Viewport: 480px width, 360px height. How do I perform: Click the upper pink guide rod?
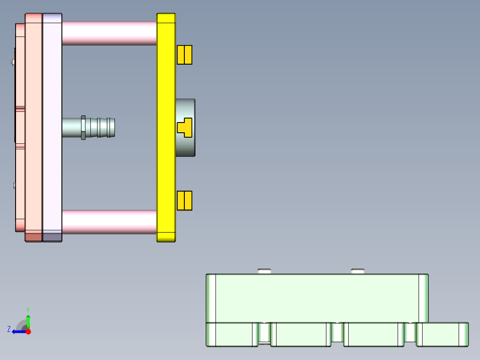point(109,33)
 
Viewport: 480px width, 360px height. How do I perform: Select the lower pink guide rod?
point(109,222)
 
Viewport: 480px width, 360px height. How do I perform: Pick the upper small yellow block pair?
point(184,55)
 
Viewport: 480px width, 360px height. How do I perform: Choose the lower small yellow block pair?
point(184,200)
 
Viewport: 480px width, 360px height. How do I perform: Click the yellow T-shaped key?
point(184,127)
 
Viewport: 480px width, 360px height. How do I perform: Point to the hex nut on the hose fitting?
point(83,127)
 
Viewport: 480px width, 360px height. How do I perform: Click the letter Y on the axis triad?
point(28,309)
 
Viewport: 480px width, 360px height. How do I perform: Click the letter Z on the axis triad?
point(8,329)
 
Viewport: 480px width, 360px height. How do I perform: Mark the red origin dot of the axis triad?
point(28,331)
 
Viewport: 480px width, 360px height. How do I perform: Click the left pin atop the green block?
point(264,271)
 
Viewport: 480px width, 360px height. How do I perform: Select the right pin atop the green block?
point(358,271)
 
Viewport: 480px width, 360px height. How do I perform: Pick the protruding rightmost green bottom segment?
point(443,334)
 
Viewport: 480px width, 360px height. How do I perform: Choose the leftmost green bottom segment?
point(230,334)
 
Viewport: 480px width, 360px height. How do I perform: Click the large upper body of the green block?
point(317,298)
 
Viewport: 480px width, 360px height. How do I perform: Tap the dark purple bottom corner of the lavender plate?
point(52,237)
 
